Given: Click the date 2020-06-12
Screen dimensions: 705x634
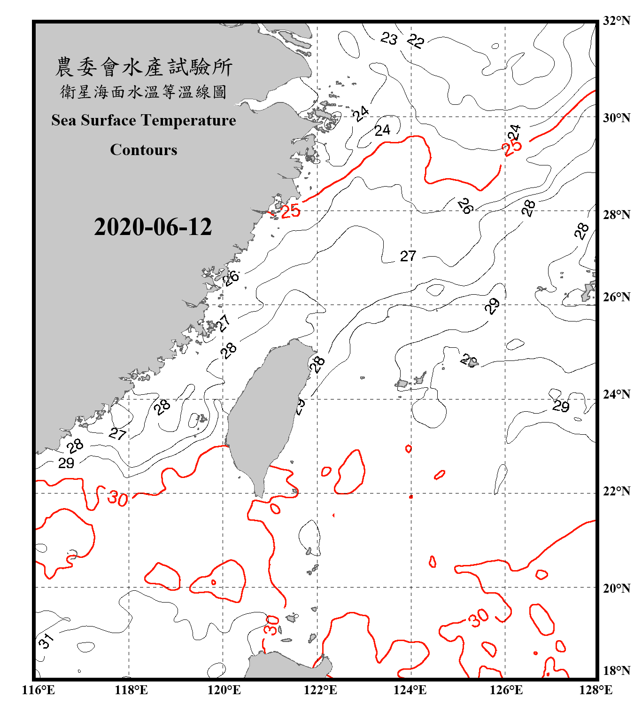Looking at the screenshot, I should [x=153, y=227].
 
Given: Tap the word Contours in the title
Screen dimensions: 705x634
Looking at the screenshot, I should [x=144, y=150].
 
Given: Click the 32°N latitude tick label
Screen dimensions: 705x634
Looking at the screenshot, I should [x=616, y=21].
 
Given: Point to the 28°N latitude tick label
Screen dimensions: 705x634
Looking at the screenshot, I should [x=616, y=215].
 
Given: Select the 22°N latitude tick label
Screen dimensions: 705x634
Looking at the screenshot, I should [x=616, y=491].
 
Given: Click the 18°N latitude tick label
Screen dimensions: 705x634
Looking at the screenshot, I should [x=616, y=671].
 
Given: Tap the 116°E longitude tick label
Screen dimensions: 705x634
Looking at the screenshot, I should [x=38, y=690].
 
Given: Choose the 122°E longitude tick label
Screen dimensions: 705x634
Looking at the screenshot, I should [x=320, y=690].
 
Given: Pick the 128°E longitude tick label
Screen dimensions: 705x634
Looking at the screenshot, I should [x=595, y=690].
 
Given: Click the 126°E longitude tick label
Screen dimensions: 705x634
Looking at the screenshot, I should [x=506, y=690].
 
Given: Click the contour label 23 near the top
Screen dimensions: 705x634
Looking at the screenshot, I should [x=389, y=38].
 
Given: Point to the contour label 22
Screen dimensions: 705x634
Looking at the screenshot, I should [x=416, y=41].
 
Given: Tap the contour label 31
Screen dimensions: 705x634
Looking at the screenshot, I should [x=46, y=640].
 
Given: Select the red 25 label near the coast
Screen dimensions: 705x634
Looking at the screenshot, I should [x=290, y=211].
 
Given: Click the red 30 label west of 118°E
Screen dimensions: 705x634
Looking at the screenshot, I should [x=117, y=498].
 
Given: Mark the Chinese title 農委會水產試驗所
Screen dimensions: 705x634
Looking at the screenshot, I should [x=144, y=67].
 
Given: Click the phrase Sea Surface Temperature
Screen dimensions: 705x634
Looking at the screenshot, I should [x=144, y=120].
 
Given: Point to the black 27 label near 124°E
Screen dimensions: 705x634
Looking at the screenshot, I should [x=408, y=256].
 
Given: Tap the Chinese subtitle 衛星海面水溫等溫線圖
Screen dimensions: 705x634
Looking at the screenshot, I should [x=144, y=92].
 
